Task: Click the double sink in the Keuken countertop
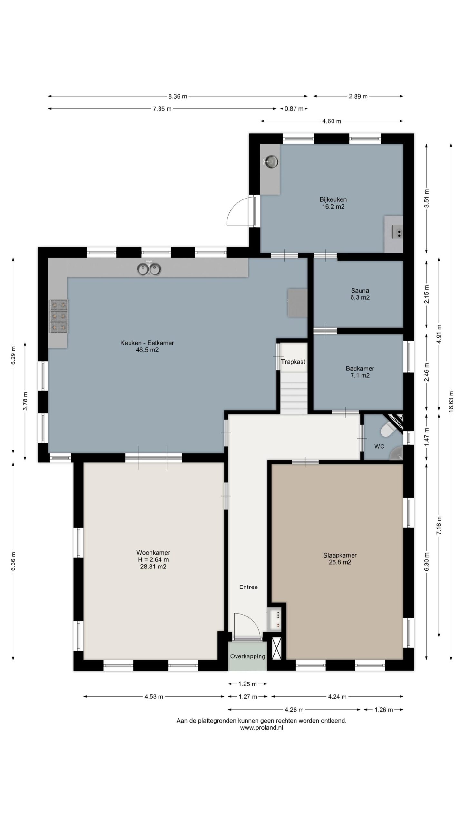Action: click(x=149, y=268)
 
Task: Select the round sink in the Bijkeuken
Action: click(x=270, y=161)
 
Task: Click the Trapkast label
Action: click(x=293, y=362)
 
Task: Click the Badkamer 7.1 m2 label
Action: click(x=360, y=372)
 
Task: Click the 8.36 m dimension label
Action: click(x=177, y=96)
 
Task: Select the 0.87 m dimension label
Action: click(x=294, y=109)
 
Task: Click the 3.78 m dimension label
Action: click(x=25, y=401)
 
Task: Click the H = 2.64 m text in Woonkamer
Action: click(x=153, y=560)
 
